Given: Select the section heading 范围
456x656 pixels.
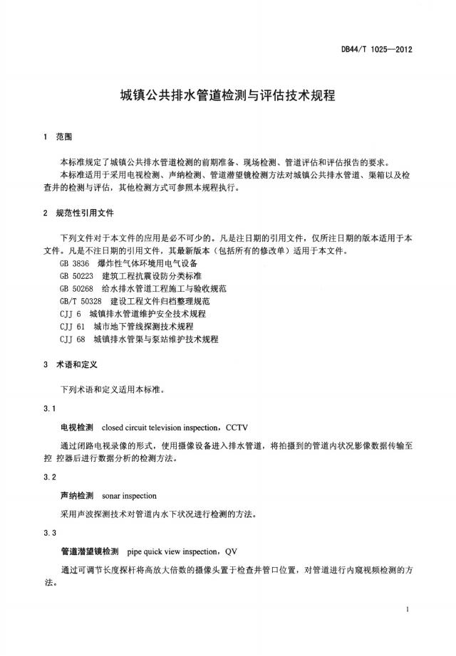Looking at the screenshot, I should (73, 137).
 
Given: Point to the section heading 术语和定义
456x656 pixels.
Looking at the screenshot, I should (78, 364).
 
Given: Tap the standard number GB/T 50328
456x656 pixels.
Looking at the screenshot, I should (81, 302).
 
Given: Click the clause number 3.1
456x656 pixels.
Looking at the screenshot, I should (49, 409).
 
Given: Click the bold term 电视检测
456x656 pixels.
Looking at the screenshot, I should (77, 428).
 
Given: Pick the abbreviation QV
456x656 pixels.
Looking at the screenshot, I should (231, 551).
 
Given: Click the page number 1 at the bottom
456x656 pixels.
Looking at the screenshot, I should (406, 610).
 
